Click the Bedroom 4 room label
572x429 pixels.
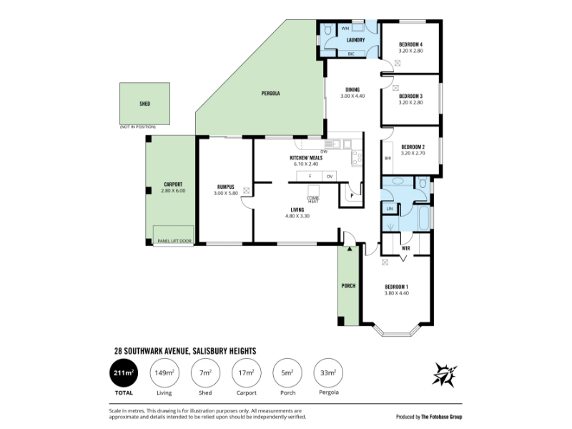tap(410, 44)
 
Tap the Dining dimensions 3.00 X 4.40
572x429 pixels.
tap(352, 96)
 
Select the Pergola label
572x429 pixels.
tap(271, 94)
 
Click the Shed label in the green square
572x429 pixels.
tap(145, 104)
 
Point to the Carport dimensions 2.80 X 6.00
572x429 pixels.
tap(173, 191)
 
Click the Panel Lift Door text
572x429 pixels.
tap(174, 241)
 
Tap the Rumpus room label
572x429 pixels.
tap(226, 187)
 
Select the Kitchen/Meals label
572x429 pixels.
tap(306, 158)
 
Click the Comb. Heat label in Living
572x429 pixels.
tap(313, 200)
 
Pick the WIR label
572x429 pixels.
tap(405, 248)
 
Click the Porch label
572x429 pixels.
tap(348, 286)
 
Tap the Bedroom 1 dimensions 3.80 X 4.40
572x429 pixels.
tap(397, 293)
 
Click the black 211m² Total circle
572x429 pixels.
tap(124, 373)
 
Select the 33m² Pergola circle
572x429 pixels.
tap(328, 373)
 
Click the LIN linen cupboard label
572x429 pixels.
tap(390, 209)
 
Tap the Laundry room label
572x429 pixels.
tap(355, 40)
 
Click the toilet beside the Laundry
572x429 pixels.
tap(327, 29)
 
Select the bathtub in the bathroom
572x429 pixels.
tap(424, 218)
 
